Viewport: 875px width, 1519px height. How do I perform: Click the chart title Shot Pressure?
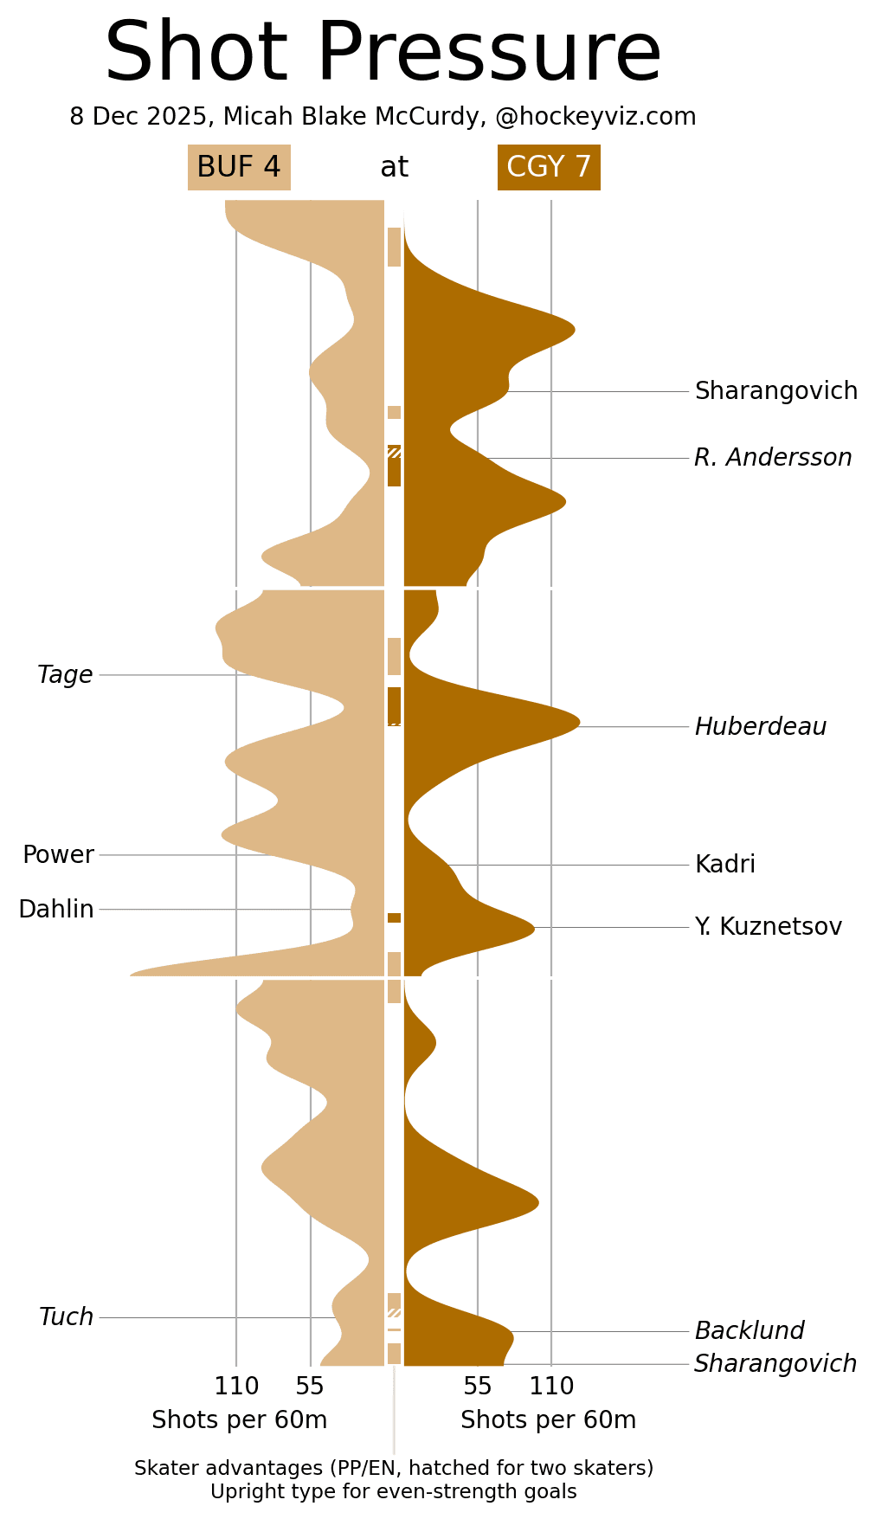click(383, 54)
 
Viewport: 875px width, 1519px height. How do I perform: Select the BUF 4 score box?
click(239, 167)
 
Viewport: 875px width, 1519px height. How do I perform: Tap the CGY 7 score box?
click(549, 167)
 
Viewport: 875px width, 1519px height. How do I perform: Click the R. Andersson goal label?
click(773, 458)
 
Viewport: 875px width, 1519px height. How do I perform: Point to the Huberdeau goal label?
click(760, 727)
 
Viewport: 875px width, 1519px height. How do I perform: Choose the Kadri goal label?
click(724, 865)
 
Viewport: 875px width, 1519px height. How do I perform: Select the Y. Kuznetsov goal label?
click(768, 927)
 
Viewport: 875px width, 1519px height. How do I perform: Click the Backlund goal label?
click(749, 1331)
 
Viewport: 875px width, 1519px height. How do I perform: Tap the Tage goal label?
click(65, 675)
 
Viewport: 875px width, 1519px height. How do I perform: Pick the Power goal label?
click(58, 855)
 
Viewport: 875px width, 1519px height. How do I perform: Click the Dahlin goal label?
click(56, 910)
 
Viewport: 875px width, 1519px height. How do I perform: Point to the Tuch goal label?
click(66, 1317)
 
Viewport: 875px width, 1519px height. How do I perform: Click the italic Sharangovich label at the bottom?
click(775, 1364)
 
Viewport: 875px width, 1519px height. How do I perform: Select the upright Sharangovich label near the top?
click(775, 391)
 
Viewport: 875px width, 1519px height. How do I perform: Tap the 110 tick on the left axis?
click(236, 1387)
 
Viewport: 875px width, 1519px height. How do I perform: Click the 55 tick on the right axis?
click(477, 1387)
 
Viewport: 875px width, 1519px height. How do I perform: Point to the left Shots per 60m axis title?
click(239, 1420)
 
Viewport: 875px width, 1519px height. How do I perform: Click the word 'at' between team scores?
click(394, 167)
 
